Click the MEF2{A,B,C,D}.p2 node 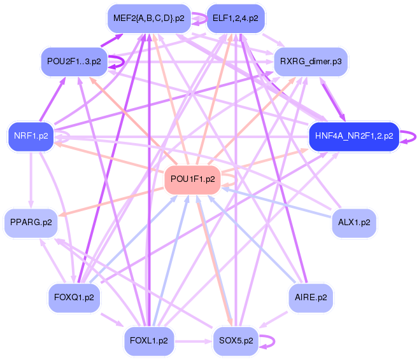[149, 18]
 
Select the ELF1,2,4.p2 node [236, 18]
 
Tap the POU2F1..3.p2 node [74, 62]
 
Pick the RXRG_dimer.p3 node [311, 62]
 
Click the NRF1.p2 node [31, 136]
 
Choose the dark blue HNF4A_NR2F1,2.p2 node [354, 136]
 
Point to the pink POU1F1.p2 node [193, 179]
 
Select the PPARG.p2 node [31, 223]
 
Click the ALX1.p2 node [354, 223]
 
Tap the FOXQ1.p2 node [74, 297]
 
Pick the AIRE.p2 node [311, 297]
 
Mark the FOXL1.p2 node [149, 340]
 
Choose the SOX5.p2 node [236, 340]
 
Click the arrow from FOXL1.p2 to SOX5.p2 [194, 341]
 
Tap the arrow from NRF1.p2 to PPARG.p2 [31, 180]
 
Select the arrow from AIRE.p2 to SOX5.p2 [273, 320]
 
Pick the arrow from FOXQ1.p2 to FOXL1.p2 [112, 319]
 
